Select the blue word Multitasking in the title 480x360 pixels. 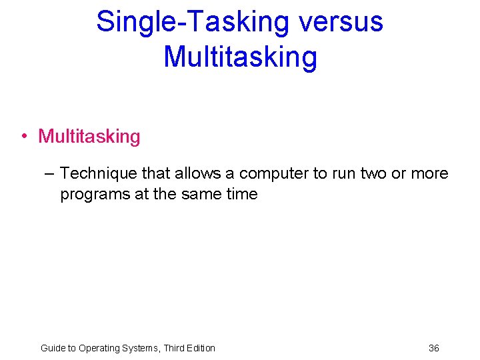[x=240, y=56]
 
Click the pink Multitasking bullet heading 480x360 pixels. [x=89, y=137]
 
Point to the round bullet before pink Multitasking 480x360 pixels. [x=23, y=137]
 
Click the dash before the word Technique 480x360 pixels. [x=48, y=174]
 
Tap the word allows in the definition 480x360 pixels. [x=199, y=174]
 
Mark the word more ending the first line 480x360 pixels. [x=431, y=174]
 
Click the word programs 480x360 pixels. [x=91, y=195]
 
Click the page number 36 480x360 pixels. [x=434, y=348]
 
